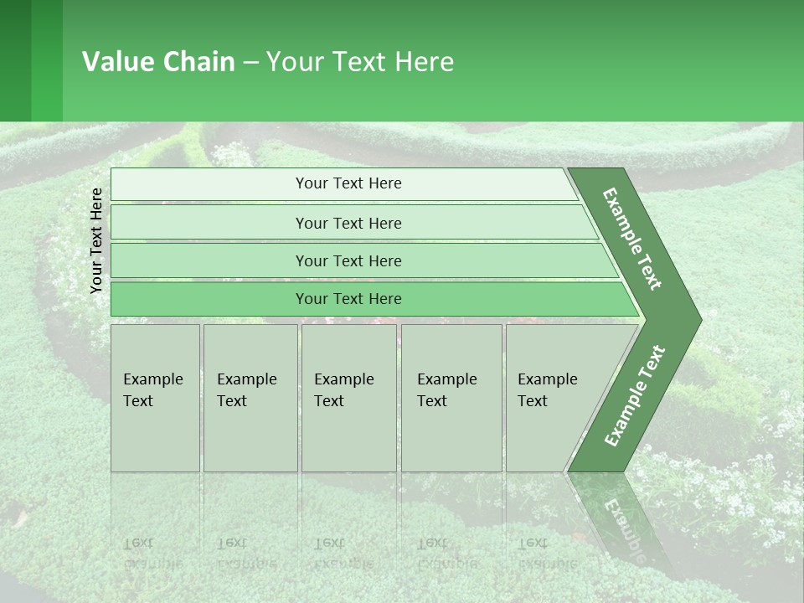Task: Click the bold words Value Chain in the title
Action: [x=158, y=62]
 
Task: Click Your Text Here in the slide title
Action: [x=360, y=62]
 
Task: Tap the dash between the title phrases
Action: [x=250, y=63]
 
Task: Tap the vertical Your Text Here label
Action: [x=96, y=240]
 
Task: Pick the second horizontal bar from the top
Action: [x=348, y=223]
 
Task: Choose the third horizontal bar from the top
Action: [x=348, y=260]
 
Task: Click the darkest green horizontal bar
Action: [x=348, y=299]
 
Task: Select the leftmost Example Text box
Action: [x=155, y=398]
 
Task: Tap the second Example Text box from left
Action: [x=250, y=398]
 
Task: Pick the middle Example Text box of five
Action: [x=348, y=398]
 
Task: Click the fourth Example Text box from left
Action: [x=451, y=398]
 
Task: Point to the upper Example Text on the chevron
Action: [x=633, y=240]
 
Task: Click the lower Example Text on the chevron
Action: [x=635, y=395]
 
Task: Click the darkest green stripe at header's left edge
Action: [x=15, y=60]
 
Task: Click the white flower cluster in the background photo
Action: [x=737, y=494]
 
